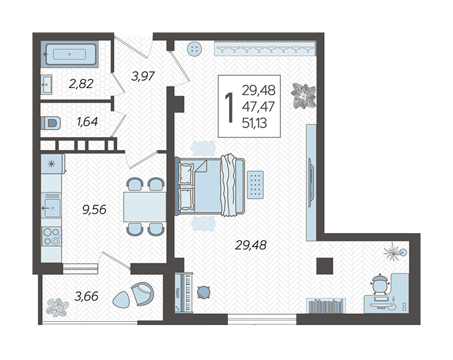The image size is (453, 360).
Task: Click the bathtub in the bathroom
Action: pyautogui.click(x=70, y=54)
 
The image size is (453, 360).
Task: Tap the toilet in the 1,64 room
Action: pyautogui.click(x=51, y=123)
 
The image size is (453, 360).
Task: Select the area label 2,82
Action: pyautogui.click(x=81, y=84)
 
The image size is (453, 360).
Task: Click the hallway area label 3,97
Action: pyautogui.click(x=143, y=76)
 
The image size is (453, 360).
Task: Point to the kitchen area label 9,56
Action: pyautogui.click(x=94, y=210)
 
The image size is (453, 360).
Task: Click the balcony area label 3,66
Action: pyautogui.click(x=86, y=296)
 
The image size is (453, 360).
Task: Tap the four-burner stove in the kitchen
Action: pyautogui.click(x=51, y=236)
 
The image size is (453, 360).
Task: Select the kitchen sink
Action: pyautogui.click(x=51, y=205)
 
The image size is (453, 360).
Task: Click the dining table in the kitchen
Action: pyautogui.click(x=145, y=207)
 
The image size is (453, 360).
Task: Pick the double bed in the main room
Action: pyautogui.click(x=210, y=186)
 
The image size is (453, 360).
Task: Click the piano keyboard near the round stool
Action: pyautogui.click(x=184, y=292)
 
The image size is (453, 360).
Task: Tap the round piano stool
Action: pyautogui.click(x=204, y=292)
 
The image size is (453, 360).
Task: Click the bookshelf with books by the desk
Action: pyautogui.click(x=326, y=306)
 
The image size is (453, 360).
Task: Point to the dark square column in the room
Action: pyautogui.click(x=325, y=265)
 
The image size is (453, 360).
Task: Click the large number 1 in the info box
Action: pyautogui.click(x=229, y=107)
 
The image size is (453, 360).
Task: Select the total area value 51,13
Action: pyautogui.click(x=254, y=124)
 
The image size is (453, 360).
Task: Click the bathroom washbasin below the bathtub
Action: pyautogui.click(x=46, y=84)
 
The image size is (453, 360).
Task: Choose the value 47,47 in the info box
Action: pyautogui.click(x=258, y=107)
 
